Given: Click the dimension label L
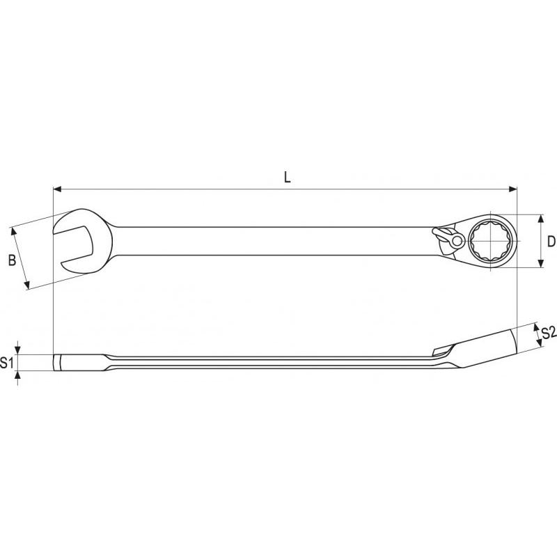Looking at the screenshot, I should click(x=287, y=177).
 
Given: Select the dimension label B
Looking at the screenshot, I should click(x=12, y=260).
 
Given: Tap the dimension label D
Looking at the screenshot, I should click(x=550, y=242).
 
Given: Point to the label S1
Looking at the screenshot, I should click(x=7, y=363).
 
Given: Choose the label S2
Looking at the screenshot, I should click(x=548, y=332).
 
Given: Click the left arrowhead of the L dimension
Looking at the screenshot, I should click(x=58, y=188).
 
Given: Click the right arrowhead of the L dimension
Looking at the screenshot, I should click(x=514, y=188).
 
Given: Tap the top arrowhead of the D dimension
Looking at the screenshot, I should click(x=540, y=218).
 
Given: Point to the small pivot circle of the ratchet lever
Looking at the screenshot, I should click(x=455, y=241).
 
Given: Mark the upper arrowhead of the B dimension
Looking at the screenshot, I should click(x=15, y=230).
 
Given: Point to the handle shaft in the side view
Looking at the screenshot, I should click(x=272, y=363).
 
